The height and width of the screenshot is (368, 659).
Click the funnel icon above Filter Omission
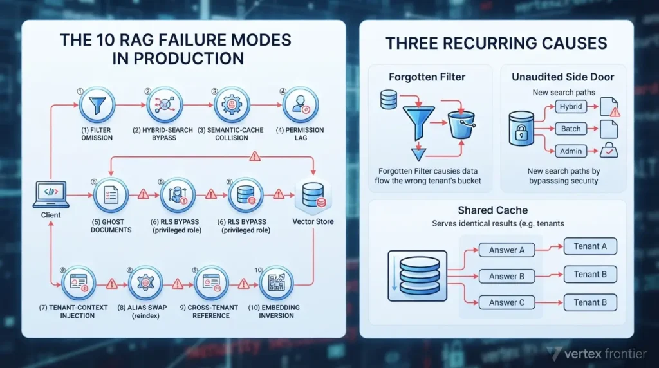coord(97,105)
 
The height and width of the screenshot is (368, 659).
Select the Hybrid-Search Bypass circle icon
coord(164,105)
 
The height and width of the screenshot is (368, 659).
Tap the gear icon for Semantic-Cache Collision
coord(232,105)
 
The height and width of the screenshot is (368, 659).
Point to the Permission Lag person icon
coord(301,105)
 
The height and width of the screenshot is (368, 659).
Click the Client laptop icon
coord(51,194)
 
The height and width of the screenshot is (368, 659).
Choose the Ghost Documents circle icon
coord(111,195)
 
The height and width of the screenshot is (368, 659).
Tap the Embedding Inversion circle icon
coord(276,282)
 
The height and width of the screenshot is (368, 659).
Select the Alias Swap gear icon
coord(145,282)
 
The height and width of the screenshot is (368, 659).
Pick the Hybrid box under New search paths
coord(570,107)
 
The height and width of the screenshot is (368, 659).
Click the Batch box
coord(570,129)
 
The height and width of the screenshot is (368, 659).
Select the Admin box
coord(570,151)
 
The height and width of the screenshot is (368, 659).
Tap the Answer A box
coord(507,250)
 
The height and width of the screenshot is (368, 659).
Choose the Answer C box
coord(507,302)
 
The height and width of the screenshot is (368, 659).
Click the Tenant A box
coord(590,246)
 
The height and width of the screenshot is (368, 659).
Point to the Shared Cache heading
coord(492,210)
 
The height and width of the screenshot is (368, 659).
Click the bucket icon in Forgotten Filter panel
coord(461,124)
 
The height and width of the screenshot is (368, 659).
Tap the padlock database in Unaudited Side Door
coord(521,129)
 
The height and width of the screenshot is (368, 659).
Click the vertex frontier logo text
coord(605,354)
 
